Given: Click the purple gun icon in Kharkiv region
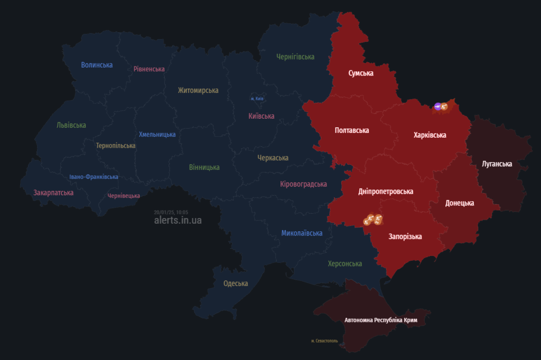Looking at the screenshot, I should [x=437, y=106].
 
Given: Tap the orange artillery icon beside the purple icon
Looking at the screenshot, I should [x=444, y=107].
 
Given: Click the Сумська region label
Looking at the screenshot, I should [x=361, y=73].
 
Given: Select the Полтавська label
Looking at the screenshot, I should [x=352, y=130].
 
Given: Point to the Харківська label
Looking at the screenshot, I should [x=430, y=135].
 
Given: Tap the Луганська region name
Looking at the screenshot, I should [x=497, y=164].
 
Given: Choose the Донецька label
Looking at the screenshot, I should [x=459, y=203].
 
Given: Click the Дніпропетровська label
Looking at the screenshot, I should [x=386, y=192].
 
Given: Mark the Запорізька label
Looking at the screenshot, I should [x=405, y=236].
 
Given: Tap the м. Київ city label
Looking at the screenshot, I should [x=257, y=99].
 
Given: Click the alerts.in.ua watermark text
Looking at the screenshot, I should [x=178, y=220].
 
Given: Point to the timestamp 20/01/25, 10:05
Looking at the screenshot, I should [x=171, y=212].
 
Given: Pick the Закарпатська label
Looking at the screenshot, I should [x=53, y=193].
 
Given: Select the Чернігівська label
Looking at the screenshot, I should [x=295, y=56].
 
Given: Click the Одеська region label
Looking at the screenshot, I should [x=236, y=283].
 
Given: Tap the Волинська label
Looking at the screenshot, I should [x=97, y=65].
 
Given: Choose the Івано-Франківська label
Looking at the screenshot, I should [x=94, y=177].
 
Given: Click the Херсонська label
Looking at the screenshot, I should [x=345, y=263].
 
